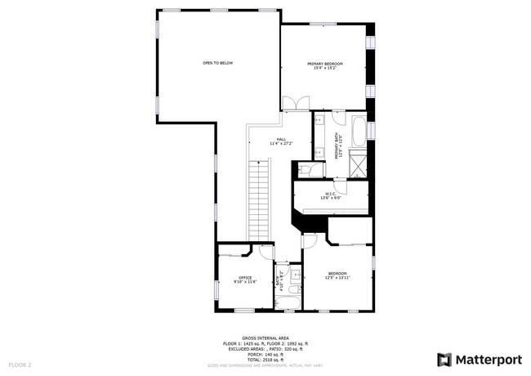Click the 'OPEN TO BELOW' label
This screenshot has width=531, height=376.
pyautogui.click(x=218, y=63)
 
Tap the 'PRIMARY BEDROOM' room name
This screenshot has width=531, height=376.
pyautogui.click(x=324, y=64)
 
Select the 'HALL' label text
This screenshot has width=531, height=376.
pyautogui.click(x=280, y=140)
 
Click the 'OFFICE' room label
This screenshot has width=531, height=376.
pyautogui.click(x=244, y=278)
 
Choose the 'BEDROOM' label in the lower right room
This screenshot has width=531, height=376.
pyautogui.click(x=337, y=273)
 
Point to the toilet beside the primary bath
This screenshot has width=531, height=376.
pyautogui.click(x=303, y=169)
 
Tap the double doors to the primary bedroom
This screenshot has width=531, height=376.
pyautogui.click(x=295, y=103)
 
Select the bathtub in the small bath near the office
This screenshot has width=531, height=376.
pyautogui.click(x=288, y=303)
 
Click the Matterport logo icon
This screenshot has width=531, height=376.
pyautogui.click(x=444, y=359)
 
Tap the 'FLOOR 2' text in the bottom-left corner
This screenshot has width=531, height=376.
pyautogui.click(x=20, y=364)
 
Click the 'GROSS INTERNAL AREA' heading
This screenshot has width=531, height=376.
pyautogui.click(x=265, y=338)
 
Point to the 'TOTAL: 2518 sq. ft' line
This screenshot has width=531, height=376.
pyautogui.click(x=265, y=358)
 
